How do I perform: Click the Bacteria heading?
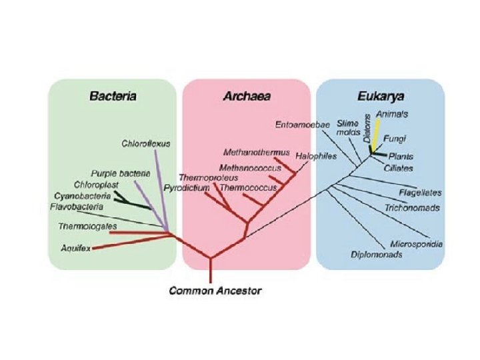[113, 96]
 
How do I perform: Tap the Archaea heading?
[247, 96]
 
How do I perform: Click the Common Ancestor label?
[215, 291]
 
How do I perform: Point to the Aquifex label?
[75, 248]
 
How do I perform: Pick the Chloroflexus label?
[147, 143]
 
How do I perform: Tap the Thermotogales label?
[82, 227]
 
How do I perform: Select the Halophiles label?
[317, 156]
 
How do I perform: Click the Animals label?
[393, 114]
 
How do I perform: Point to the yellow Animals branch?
[377, 137]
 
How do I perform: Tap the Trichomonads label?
[412, 208]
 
